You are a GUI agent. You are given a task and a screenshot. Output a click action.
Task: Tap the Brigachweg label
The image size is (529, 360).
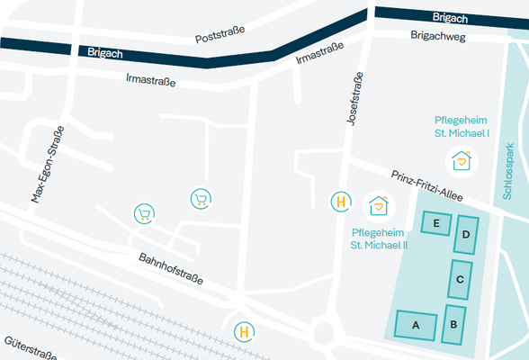(x=436, y=36)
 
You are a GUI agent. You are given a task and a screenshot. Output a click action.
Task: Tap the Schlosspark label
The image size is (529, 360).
(x=509, y=171)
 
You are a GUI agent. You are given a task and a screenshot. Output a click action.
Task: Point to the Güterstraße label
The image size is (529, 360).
(x=31, y=349)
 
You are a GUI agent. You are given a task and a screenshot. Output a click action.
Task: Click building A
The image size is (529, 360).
(x=416, y=324)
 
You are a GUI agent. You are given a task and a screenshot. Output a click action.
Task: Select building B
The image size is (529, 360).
(x=453, y=324)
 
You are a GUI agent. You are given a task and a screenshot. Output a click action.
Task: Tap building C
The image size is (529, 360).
(x=461, y=279)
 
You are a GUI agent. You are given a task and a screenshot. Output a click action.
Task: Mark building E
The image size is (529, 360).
(x=436, y=222)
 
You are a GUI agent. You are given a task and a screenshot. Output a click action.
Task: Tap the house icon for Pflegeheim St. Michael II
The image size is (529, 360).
(x=379, y=206)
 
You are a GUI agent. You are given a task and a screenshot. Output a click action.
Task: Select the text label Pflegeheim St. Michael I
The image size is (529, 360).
(x=462, y=126)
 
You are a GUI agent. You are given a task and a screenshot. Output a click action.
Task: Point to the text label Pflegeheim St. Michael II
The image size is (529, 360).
(x=379, y=238)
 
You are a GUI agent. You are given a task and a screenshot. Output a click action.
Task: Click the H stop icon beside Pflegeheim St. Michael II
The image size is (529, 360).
(x=341, y=202)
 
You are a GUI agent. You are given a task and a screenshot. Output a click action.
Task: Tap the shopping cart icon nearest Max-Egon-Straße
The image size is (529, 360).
(x=143, y=212)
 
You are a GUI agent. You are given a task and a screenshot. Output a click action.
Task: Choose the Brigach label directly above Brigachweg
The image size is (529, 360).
(x=450, y=17)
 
